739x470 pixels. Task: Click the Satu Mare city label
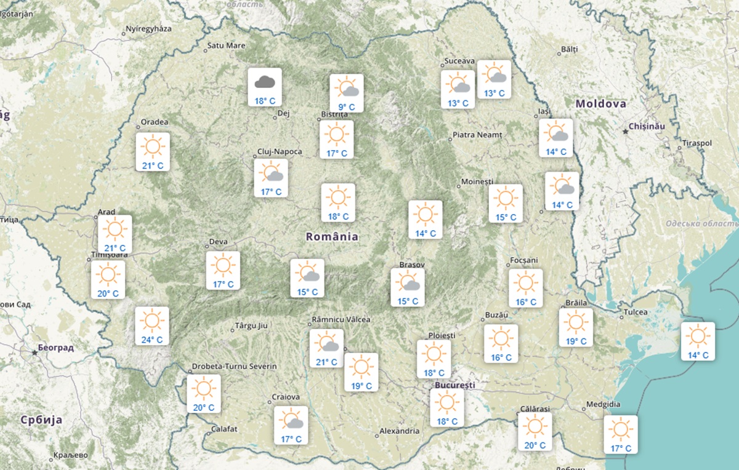click(x=226, y=45)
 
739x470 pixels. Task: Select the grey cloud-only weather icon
click(x=265, y=81)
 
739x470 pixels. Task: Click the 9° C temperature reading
click(x=346, y=107)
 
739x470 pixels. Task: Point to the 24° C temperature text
click(x=151, y=340)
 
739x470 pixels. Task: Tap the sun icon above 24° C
click(x=151, y=320)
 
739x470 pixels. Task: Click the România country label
click(x=332, y=236)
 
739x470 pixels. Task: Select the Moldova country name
click(x=600, y=104)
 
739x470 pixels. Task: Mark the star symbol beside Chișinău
click(x=625, y=130)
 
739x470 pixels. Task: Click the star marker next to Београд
click(x=34, y=352)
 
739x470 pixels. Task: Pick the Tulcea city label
click(x=636, y=312)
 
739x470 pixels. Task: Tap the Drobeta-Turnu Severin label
click(x=234, y=367)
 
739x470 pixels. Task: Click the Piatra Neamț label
click(x=477, y=135)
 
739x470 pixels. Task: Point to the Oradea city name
click(x=155, y=122)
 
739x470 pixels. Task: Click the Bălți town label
click(x=570, y=49)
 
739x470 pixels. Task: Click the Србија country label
click(x=41, y=420)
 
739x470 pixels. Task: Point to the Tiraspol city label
click(x=697, y=143)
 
